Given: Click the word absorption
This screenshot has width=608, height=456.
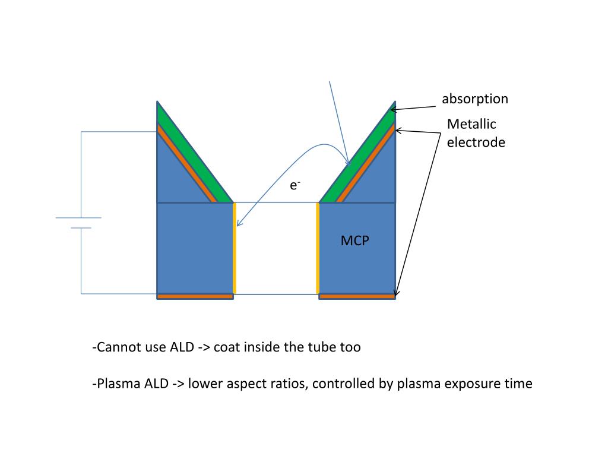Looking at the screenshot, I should (474, 99).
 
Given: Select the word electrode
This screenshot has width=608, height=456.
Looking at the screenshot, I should (476, 142).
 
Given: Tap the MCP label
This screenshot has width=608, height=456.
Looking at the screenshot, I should (355, 241).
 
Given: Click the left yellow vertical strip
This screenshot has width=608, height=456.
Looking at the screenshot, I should (235, 248).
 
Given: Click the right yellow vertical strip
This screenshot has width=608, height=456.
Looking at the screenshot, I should (318, 248).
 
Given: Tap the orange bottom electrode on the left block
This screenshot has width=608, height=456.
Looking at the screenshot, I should (195, 296).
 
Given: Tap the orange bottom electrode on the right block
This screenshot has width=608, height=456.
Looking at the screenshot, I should (357, 296).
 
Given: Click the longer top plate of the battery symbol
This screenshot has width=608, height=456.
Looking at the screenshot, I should (78, 218).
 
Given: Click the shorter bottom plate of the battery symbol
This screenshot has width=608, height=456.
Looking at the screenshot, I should (81, 228).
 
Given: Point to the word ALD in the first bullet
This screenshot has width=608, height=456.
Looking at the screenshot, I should (181, 347).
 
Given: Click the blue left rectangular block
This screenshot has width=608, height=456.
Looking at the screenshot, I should (195, 248).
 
